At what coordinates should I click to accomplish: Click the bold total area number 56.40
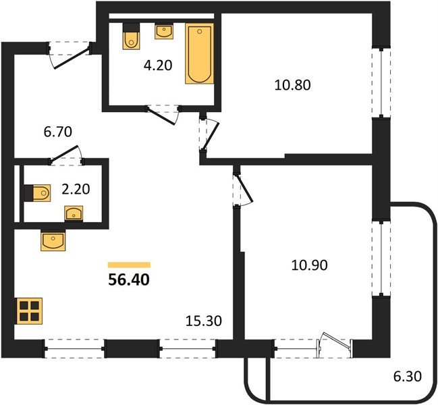pyautogui.click(x=129, y=279)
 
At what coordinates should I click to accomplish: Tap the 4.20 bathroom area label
pyautogui.click(x=158, y=65)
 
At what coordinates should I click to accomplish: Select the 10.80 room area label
pyautogui.click(x=292, y=85)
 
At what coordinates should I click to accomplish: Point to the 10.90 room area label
pyautogui.click(x=309, y=265)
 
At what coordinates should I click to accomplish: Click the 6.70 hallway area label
pyautogui.click(x=58, y=132)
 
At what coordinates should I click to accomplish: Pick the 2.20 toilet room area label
pyautogui.click(x=76, y=189)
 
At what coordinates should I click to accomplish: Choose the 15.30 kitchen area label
pyautogui.click(x=204, y=321)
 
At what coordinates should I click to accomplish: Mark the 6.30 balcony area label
pyautogui.click(x=407, y=376)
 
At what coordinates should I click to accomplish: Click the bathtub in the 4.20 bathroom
pyautogui.click(x=200, y=53)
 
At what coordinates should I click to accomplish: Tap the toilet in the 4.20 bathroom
pyautogui.click(x=131, y=36)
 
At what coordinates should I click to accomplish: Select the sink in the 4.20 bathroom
pyautogui.click(x=164, y=31)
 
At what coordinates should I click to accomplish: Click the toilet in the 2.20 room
pyautogui.click(x=37, y=193)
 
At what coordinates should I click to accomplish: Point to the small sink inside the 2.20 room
pyautogui.click(x=74, y=213)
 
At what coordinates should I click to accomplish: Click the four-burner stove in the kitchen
pyautogui.click(x=30, y=311)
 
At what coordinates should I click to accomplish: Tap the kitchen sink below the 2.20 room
pyautogui.click(x=53, y=240)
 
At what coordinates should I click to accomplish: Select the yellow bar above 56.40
pyautogui.click(x=129, y=265)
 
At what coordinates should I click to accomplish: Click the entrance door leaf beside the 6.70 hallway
pyautogui.click(x=72, y=58)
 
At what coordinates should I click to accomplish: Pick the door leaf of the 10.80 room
pyautogui.click(x=211, y=137)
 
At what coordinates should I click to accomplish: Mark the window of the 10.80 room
pyautogui.click(x=381, y=82)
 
